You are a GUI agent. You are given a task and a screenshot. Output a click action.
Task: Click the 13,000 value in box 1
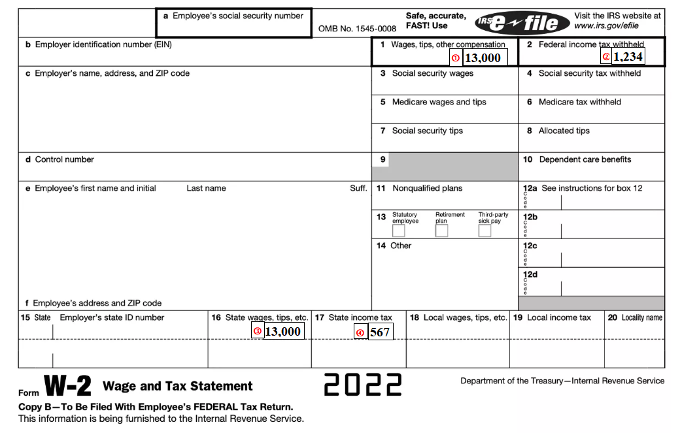(483, 58)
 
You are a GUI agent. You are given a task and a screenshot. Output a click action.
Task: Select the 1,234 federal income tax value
(628, 57)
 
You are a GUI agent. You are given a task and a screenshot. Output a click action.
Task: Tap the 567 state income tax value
(380, 332)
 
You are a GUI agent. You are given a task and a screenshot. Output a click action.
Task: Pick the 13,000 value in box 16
(282, 332)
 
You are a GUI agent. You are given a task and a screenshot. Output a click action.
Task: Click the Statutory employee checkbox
(398, 231)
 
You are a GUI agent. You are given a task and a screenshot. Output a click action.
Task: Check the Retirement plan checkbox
(441, 231)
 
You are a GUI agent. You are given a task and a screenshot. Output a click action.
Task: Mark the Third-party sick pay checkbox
(484, 231)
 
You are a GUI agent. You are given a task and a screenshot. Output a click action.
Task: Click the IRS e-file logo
(518, 24)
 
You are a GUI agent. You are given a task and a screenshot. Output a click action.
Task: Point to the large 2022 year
(363, 385)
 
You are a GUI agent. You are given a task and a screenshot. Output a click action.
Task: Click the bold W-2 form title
(67, 386)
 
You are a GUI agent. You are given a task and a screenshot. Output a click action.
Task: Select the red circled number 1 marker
(456, 58)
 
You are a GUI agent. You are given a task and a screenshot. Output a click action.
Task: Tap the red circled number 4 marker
(360, 332)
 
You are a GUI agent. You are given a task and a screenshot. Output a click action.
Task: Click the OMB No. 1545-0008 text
(357, 29)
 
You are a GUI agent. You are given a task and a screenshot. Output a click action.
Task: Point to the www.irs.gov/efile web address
(606, 26)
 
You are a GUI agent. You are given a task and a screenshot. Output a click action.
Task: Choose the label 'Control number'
(64, 159)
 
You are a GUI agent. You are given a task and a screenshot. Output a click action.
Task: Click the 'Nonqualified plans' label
(427, 188)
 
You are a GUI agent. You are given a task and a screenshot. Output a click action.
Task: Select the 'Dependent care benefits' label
(585, 159)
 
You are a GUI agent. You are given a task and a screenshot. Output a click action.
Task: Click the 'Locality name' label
(641, 318)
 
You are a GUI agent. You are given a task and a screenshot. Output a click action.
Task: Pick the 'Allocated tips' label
(564, 131)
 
